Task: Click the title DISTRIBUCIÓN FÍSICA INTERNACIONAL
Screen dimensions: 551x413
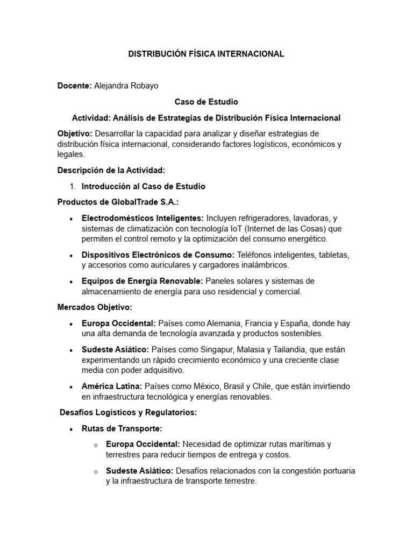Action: coord(206,54)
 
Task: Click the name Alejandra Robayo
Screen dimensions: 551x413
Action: coord(126,86)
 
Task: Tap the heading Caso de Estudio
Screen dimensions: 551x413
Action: coord(206,101)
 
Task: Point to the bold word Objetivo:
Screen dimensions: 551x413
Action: coord(75,133)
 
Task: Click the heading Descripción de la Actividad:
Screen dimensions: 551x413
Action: coord(111,170)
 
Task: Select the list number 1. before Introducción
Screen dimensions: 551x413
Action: coord(74,186)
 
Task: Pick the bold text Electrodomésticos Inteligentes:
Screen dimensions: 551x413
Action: coord(143,218)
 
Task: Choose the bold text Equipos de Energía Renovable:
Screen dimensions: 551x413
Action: coord(142,281)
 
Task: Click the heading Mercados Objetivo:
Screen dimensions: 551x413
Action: coord(95,307)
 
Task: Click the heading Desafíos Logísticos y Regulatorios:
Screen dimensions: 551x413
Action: coord(129,413)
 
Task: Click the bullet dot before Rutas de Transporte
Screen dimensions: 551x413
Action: coord(72,429)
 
